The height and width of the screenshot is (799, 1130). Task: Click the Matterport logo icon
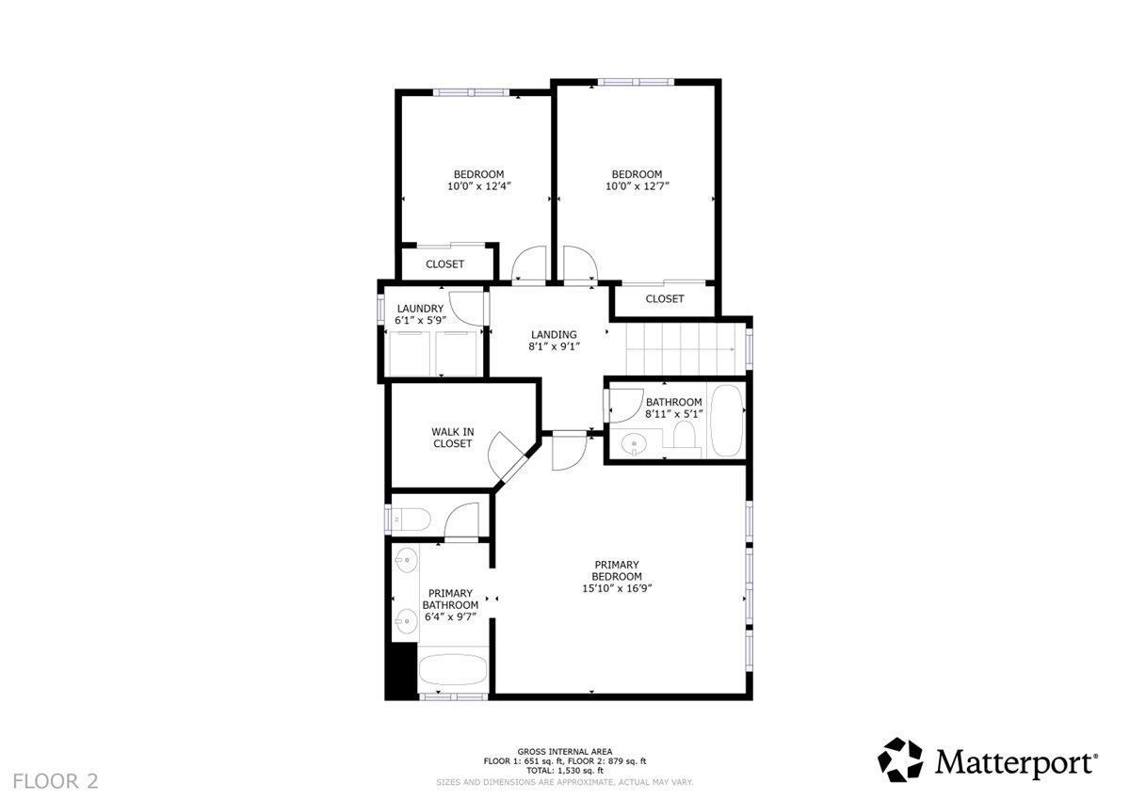(x=901, y=759)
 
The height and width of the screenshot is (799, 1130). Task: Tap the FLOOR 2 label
(x=56, y=780)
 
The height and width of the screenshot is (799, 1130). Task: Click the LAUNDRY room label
(x=420, y=309)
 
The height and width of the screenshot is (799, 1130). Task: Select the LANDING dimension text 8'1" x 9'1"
(x=554, y=346)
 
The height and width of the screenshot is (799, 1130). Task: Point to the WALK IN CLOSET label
(x=452, y=438)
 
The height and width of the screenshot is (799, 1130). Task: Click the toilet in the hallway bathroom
(x=685, y=434)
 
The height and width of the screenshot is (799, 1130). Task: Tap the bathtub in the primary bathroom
(x=453, y=672)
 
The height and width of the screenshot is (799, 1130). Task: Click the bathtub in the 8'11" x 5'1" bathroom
(x=726, y=421)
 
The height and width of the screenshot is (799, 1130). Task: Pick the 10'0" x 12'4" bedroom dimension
(x=478, y=186)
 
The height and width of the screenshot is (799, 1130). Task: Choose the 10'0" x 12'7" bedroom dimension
(x=637, y=186)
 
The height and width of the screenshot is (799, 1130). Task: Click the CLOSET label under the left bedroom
(x=444, y=264)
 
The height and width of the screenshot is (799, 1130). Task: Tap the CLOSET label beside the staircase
(x=665, y=299)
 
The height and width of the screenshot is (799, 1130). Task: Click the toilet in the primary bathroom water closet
(x=412, y=518)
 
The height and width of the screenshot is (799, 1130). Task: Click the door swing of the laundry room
(x=465, y=307)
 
